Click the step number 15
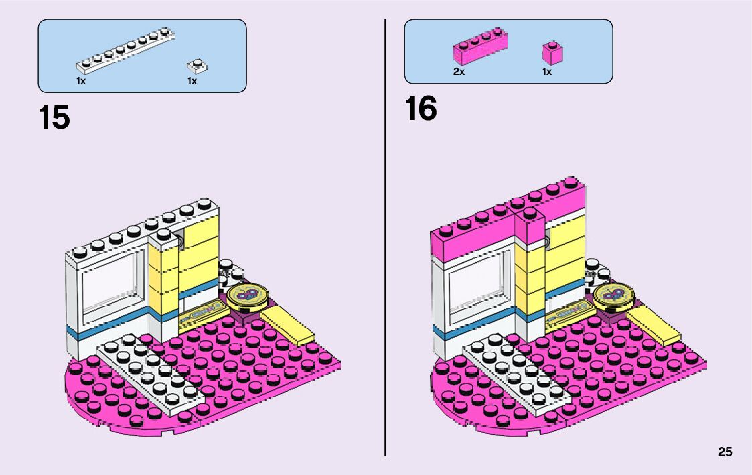[54, 118]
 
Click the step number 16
[421, 109]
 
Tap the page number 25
[725, 452]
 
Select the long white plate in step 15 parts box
[125, 52]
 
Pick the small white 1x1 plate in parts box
[197, 65]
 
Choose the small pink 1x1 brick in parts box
[552, 53]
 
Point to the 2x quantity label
[459, 72]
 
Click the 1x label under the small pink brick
[547, 72]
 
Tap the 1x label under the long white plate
[81, 81]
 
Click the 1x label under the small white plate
[192, 81]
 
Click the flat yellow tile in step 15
[288, 326]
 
